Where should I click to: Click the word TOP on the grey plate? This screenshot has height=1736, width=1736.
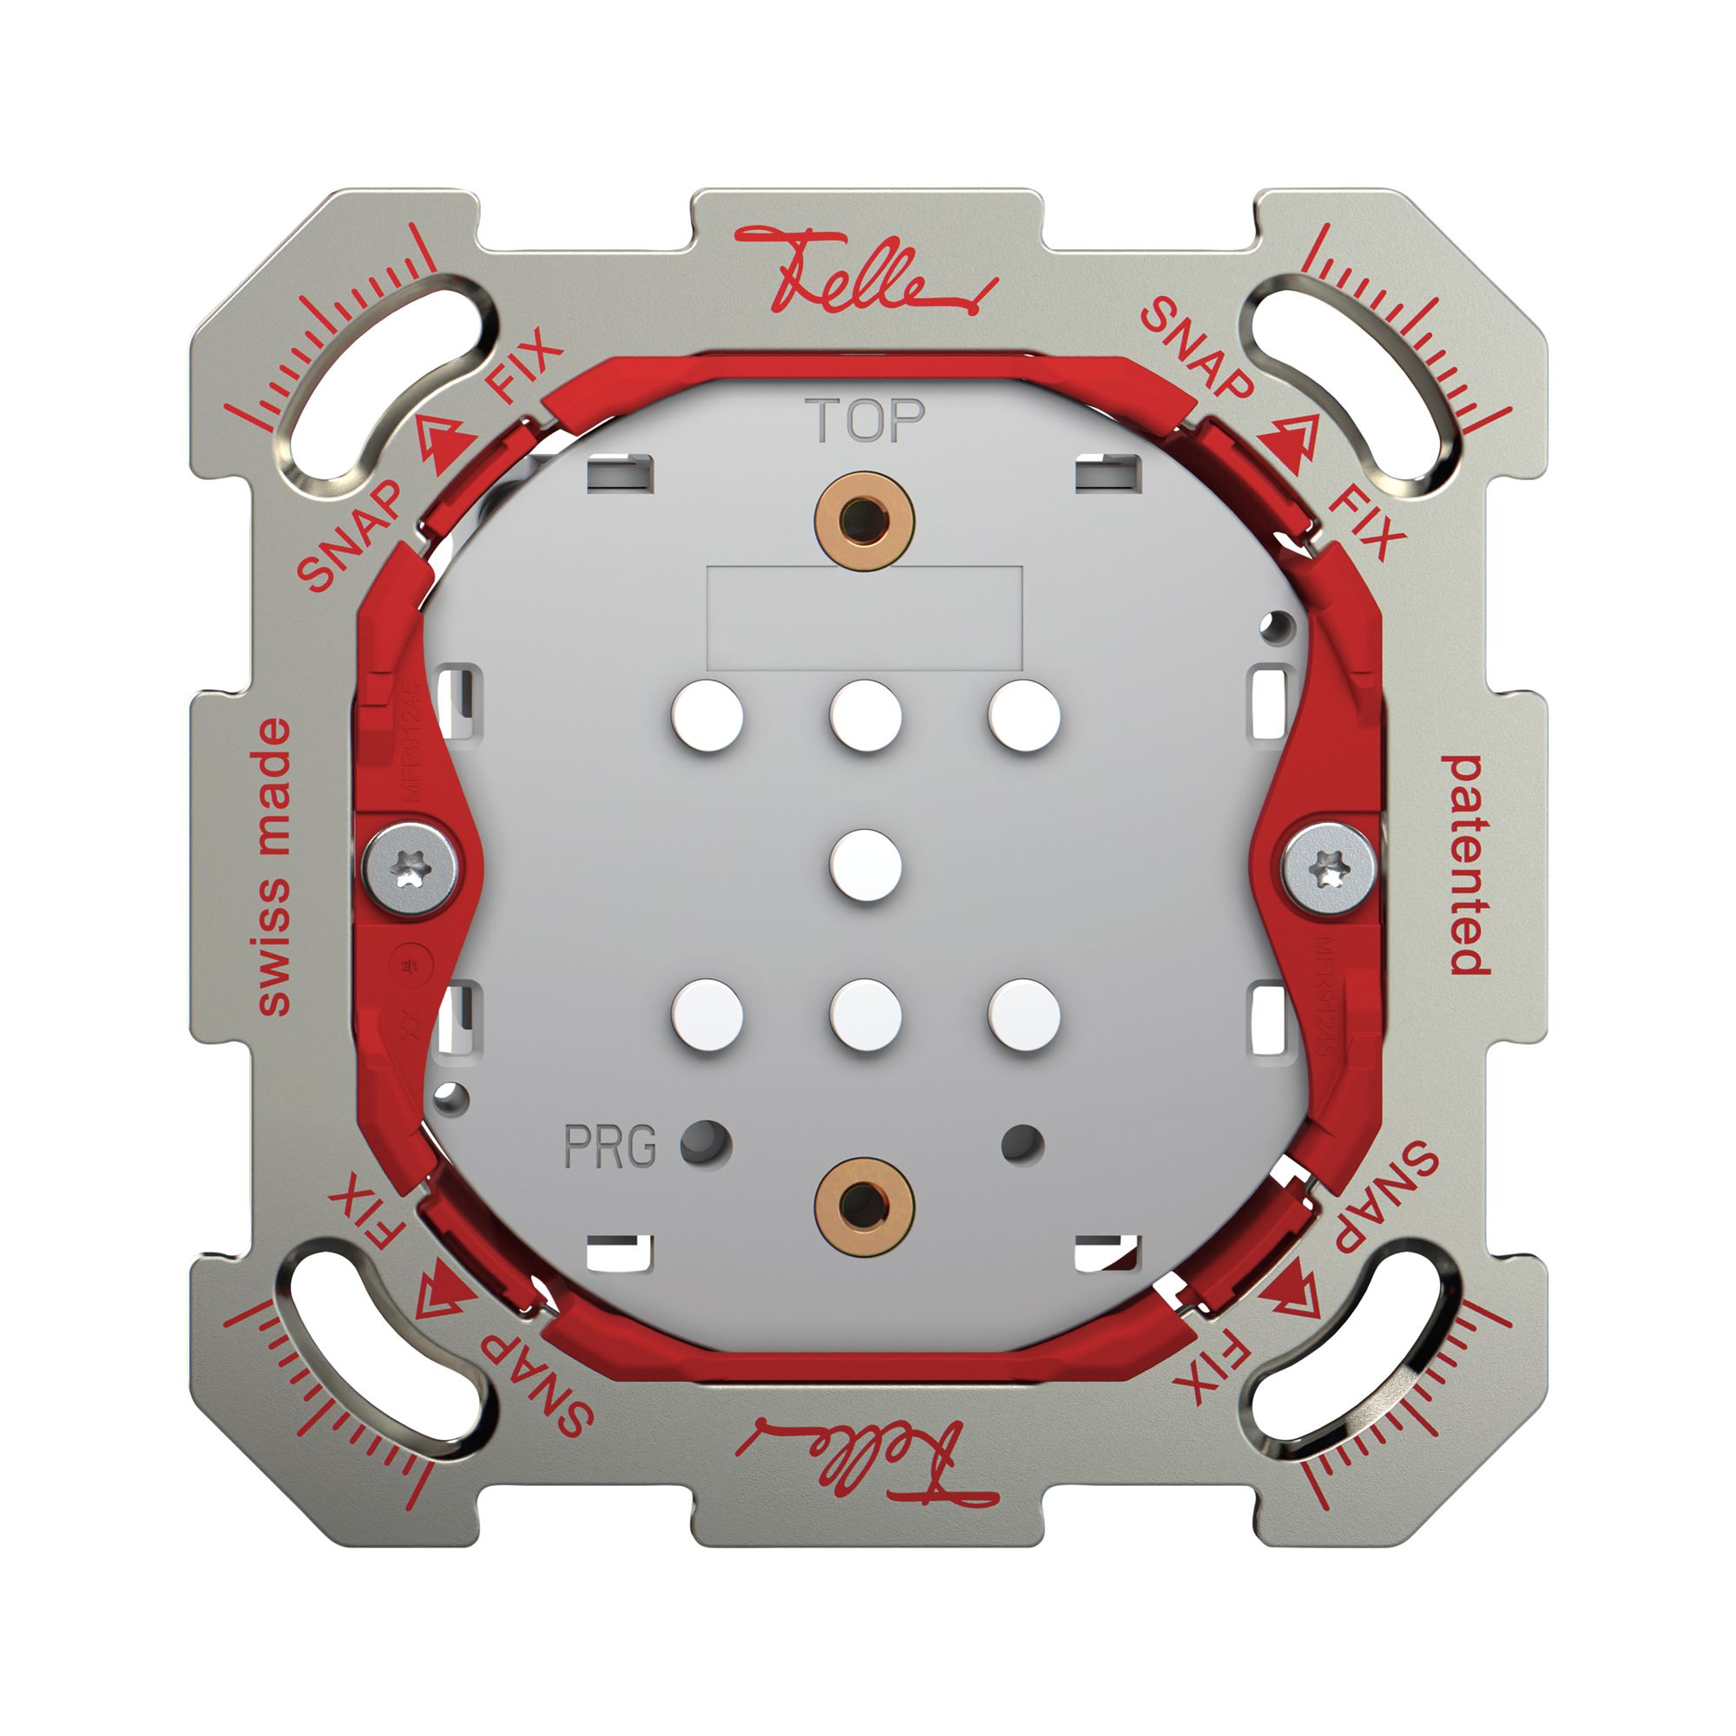tap(865, 420)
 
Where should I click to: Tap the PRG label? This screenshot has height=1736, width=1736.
tap(610, 1147)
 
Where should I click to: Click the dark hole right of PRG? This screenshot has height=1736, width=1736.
tap(706, 1144)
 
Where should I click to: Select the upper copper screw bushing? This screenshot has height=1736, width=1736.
tap(864, 519)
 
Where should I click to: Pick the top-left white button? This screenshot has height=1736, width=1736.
tap(707, 716)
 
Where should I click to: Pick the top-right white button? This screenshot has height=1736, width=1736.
tap(1023, 716)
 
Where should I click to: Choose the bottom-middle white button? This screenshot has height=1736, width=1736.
tap(865, 1016)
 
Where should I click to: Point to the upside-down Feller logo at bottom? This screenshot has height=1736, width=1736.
tap(865, 1455)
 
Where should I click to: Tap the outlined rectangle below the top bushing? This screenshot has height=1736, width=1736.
tap(865, 617)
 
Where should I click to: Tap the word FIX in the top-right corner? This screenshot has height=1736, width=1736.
tap(1364, 525)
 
